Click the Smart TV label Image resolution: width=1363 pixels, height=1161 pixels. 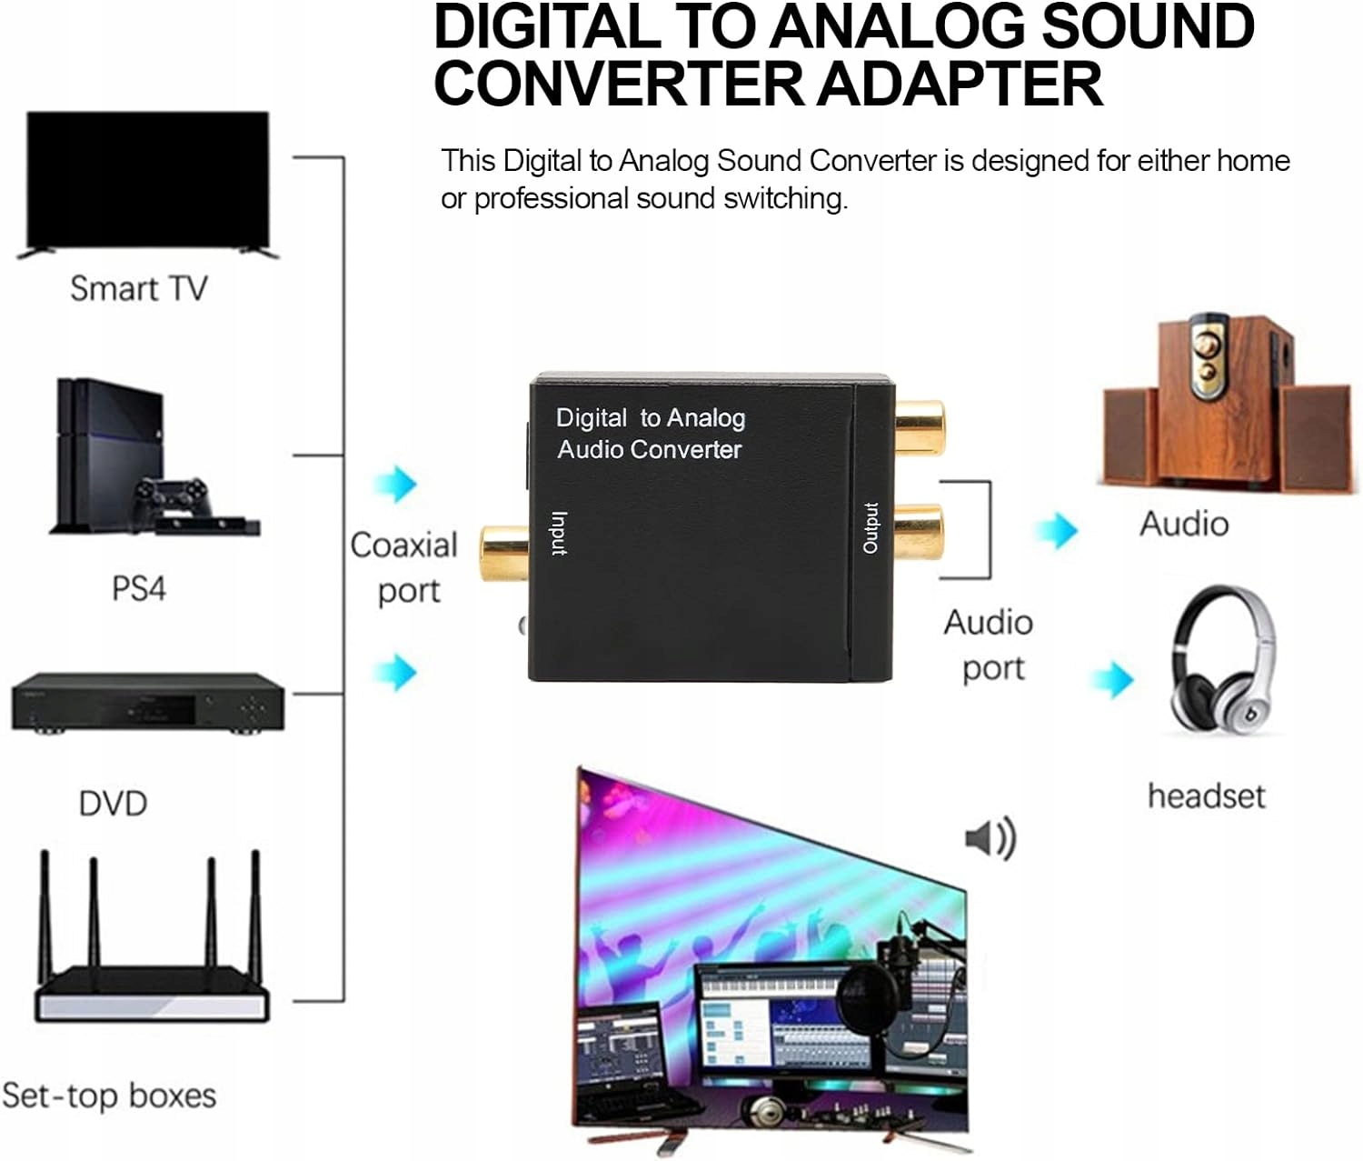click(138, 288)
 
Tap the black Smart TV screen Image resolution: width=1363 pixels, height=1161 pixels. click(148, 179)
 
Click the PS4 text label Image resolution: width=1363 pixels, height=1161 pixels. click(138, 587)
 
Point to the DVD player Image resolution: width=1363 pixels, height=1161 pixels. click(148, 703)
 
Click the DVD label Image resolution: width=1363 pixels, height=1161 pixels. click(113, 804)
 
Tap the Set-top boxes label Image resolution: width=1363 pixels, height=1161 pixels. click(109, 1096)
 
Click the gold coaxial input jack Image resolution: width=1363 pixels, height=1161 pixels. click(504, 553)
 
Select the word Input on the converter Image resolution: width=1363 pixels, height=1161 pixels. click(559, 533)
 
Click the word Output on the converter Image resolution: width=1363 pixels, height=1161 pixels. click(871, 527)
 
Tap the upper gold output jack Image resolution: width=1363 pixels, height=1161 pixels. click(920, 428)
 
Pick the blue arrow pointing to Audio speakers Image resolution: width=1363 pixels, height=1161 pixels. click(1057, 530)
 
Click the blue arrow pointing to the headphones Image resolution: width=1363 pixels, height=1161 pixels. click(1113, 679)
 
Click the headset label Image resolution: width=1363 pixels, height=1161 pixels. click(1206, 796)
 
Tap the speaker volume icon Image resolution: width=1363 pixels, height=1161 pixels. click(990, 837)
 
